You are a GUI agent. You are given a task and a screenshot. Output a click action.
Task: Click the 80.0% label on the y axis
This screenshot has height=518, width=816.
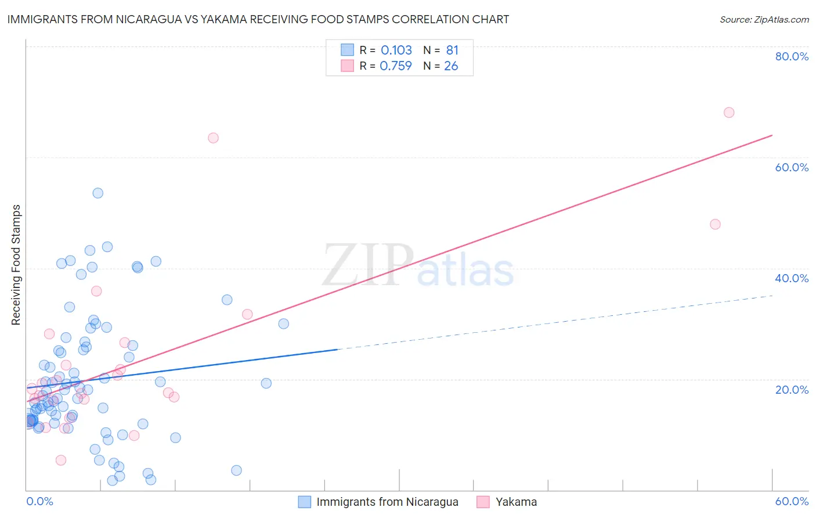pos(792,56)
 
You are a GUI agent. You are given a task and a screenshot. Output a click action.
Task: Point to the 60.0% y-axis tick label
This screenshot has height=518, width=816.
pos(792,167)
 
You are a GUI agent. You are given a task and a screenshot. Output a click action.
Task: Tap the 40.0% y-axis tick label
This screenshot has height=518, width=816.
pos(792,278)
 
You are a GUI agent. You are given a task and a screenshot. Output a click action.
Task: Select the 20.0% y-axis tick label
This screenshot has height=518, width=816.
pos(792,390)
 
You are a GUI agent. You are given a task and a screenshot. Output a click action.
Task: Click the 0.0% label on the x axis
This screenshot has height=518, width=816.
pos(39,501)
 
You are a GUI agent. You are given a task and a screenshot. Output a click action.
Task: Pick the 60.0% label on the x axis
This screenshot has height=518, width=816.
pos(792,501)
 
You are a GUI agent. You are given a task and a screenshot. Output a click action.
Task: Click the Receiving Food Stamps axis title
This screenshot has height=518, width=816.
pos(16,265)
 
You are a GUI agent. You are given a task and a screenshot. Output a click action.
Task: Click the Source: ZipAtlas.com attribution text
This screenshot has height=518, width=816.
pos(764,19)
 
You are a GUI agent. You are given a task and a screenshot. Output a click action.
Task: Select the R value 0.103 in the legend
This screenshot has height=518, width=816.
pos(396,50)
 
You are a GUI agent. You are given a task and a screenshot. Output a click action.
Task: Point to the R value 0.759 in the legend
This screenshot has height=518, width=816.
pos(396,66)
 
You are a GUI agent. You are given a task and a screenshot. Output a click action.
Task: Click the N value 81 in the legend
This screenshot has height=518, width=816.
pos(452,50)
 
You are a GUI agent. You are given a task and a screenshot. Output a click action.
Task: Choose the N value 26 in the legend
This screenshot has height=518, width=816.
pos(451,66)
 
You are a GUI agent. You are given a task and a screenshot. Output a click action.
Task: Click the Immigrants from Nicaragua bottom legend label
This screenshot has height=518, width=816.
pos(387,502)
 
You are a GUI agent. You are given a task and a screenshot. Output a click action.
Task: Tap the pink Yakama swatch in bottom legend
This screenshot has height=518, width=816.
pos(483,502)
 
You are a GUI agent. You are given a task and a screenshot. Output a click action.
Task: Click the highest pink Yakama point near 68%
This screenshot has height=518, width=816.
pos(729,112)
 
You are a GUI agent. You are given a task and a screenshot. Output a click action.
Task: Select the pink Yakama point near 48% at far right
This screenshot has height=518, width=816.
pos(715,224)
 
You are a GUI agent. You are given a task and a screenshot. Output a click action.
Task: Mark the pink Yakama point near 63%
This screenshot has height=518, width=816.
pos(213,138)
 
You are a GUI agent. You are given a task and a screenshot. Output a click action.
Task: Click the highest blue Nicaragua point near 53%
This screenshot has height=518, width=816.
pos(98,193)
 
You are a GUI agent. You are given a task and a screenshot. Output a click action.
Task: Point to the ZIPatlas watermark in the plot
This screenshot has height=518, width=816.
pos(418,266)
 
